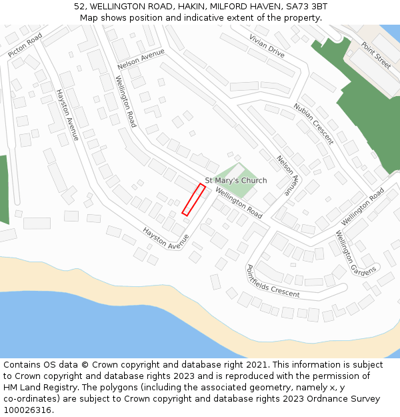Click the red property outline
pyautogui.click(x=193, y=199)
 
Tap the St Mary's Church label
pyautogui.click(x=235, y=181)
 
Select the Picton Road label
pyautogui.click(x=25, y=45)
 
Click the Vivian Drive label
pyautogui.click(x=267, y=45)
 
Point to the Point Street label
pyautogui.click(x=376, y=55)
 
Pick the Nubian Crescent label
pyautogui.click(x=313, y=123)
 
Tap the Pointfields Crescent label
pyautogui.click(x=273, y=282)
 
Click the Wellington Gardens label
pyautogui.click(x=355, y=253)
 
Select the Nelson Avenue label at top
pyautogui.click(x=141, y=58)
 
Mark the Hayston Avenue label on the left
pyautogui.click(x=67, y=115)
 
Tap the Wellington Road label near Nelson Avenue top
pyautogui.click(x=125, y=101)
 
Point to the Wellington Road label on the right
pyautogui.click(x=363, y=206)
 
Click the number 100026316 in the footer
pyautogui.click(x=27, y=410)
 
